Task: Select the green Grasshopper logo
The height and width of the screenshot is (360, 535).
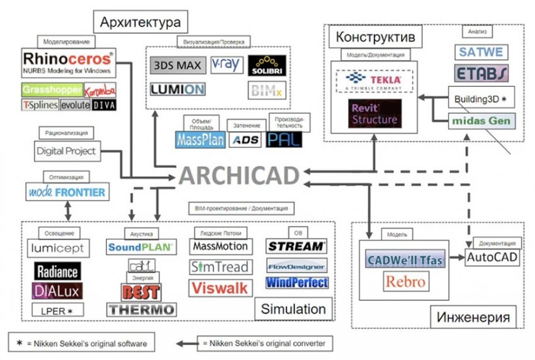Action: (50, 90)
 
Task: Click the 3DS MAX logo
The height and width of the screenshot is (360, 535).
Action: (176, 65)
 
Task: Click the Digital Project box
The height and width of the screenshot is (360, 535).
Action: (67, 151)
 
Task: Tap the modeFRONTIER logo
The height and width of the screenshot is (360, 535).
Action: (67, 191)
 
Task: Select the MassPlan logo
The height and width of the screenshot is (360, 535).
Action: (200, 139)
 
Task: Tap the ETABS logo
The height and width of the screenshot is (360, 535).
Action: (480, 74)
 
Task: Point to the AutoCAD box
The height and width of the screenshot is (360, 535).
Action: (492, 258)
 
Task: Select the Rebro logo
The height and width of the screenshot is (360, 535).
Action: (405, 281)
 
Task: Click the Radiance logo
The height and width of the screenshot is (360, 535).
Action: (57, 271)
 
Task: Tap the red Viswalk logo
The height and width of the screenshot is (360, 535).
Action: (220, 288)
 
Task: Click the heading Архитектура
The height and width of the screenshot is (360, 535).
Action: (140, 23)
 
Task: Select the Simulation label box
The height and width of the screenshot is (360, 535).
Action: (293, 308)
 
